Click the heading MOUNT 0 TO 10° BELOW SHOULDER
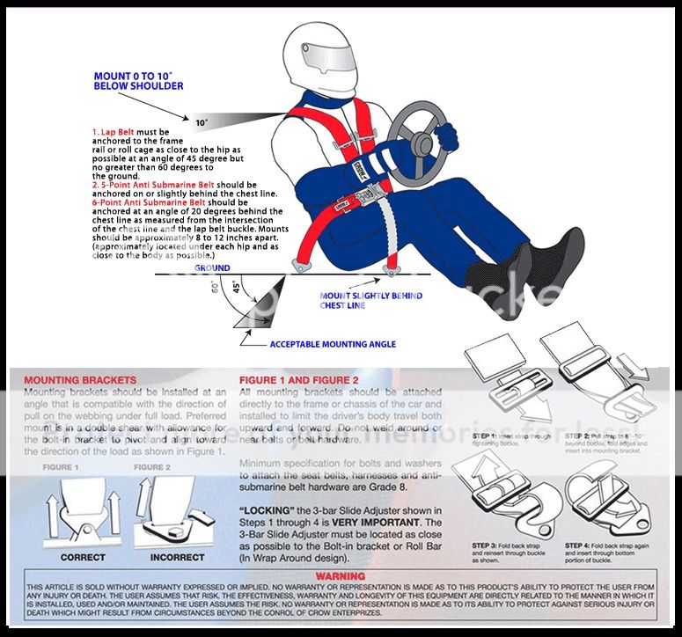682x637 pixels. tap(138, 82)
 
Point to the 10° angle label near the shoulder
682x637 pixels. tap(202, 122)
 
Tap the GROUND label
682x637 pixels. tap(212, 267)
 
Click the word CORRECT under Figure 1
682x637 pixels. tap(84, 557)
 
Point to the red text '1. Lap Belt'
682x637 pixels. tap(116, 129)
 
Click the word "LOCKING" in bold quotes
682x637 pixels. tap(268, 509)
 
